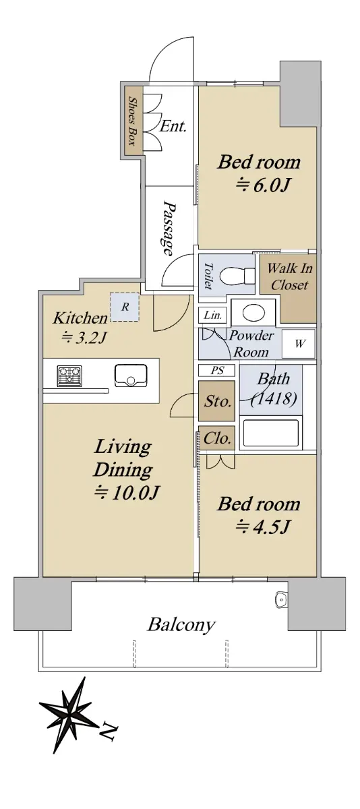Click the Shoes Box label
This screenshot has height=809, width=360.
[133, 121]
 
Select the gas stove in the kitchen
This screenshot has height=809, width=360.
[69, 376]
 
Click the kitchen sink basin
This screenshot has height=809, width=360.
[131, 376]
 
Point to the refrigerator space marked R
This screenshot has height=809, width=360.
[125, 307]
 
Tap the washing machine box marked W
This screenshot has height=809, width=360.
[299, 343]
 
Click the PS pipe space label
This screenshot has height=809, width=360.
[217, 370]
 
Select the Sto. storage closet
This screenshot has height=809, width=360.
[217, 401]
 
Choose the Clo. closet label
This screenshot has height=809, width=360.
[217, 438]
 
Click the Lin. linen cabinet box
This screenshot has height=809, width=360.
[212, 316]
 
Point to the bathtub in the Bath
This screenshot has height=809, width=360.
[271, 433]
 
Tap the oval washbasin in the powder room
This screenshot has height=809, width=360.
[254, 312]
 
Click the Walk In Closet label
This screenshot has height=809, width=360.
[290, 276]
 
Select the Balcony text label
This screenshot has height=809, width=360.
[181, 625]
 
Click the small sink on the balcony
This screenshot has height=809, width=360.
[281, 600]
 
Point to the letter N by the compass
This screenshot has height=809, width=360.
[109, 730]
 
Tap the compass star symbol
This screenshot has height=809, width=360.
[69, 710]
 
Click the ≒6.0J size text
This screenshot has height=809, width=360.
[263, 185]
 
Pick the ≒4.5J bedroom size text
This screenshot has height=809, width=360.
[262, 527]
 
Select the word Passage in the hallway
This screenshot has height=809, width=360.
[169, 228]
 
